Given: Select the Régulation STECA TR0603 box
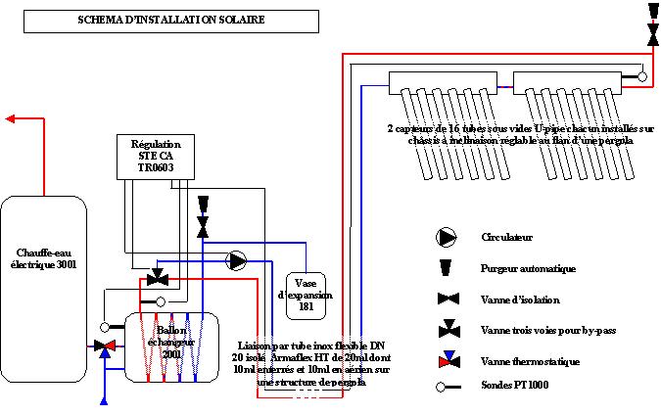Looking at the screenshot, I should click(150, 157).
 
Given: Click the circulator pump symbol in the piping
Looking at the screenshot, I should click(237, 260).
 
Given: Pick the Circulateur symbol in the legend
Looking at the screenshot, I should click(447, 237).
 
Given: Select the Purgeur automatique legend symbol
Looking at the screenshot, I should click(447, 267).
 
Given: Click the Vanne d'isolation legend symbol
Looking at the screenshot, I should click(447, 299).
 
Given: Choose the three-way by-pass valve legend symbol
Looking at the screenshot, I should click(449, 329).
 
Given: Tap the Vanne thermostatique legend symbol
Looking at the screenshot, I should click(448, 360).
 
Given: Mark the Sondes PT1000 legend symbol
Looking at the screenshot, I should click(448, 387).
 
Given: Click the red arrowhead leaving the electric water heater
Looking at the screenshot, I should click(11, 119).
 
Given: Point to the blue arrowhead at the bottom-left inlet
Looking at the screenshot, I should click(105, 398).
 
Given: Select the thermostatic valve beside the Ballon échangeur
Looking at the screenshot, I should click(105, 346).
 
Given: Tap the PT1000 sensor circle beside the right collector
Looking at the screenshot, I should click(641, 75).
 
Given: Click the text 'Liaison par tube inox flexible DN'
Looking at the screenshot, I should click(311, 346).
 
